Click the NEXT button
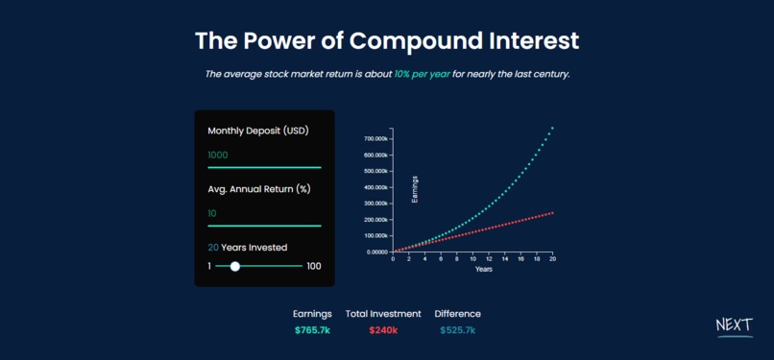pyautogui.click(x=735, y=326)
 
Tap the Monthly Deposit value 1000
pyautogui.click(x=218, y=156)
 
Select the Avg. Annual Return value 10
pyautogui.click(x=212, y=213)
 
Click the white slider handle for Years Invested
pyautogui.click(x=235, y=266)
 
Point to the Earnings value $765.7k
pyautogui.click(x=312, y=330)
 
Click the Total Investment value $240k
pyautogui.click(x=383, y=330)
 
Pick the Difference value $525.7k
pyautogui.click(x=458, y=330)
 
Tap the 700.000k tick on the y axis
pyautogui.click(x=376, y=139)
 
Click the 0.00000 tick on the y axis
pyautogui.click(x=377, y=252)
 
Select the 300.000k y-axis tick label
pyautogui.click(x=376, y=204)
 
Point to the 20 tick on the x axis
pyautogui.click(x=553, y=259)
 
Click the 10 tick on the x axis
pyautogui.click(x=472, y=259)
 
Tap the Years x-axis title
pyautogui.click(x=484, y=269)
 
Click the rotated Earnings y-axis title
pyautogui.click(x=415, y=189)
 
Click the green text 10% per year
pyautogui.click(x=422, y=75)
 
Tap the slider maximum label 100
pyautogui.click(x=314, y=266)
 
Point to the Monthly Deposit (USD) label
pyautogui.click(x=258, y=132)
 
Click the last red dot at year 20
pyautogui.click(x=552, y=213)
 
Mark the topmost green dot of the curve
pyautogui.click(x=552, y=129)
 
